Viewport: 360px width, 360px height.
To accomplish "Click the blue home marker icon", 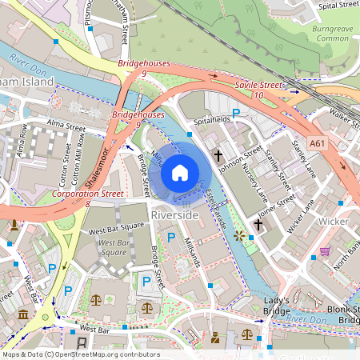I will click(x=180, y=172).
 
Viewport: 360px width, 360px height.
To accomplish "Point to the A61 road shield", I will click(x=318, y=144).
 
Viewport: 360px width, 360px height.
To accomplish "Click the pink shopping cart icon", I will click(x=325, y=251).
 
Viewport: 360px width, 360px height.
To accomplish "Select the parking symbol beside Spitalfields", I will click(x=236, y=114).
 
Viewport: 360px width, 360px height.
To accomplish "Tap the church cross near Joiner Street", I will click(x=257, y=226).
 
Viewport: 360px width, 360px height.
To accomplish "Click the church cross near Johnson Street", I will click(x=217, y=154).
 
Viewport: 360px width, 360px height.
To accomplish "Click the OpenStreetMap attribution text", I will click(x=81, y=354).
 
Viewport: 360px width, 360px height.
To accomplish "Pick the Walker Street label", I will click(x=342, y=118).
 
